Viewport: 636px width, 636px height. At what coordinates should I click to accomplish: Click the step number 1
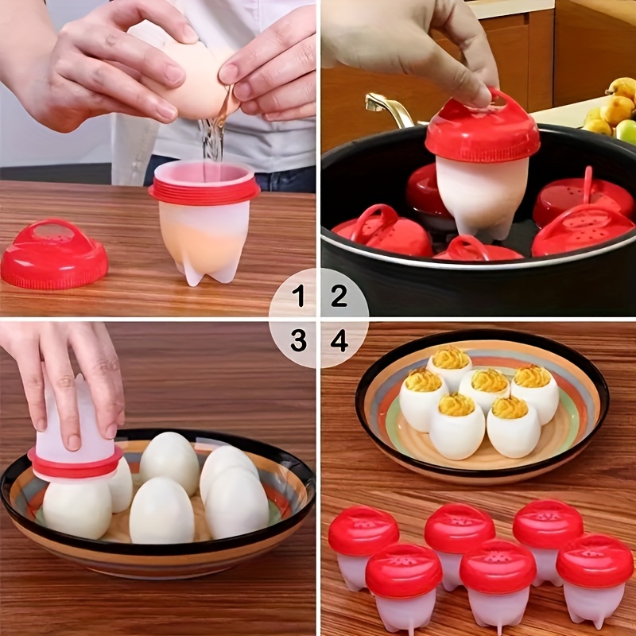click(x=298, y=297)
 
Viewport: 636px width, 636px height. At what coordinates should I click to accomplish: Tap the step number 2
click(x=339, y=297)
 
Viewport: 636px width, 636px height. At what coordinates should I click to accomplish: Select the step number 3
click(x=298, y=341)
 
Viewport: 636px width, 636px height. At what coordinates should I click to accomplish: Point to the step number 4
click(x=339, y=341)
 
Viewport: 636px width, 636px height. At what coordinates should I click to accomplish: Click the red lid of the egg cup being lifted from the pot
click(x=482, y=131)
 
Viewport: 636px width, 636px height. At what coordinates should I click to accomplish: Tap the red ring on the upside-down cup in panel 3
click(x=75, y=463)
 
